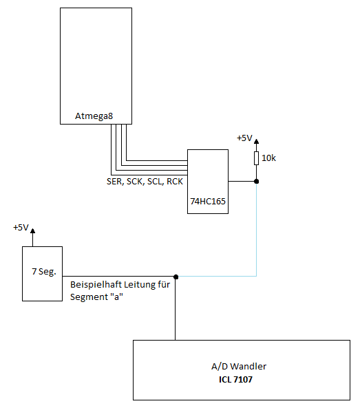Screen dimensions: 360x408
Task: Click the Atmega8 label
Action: click(94, 116)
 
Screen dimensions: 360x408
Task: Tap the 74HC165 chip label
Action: click(208, 202)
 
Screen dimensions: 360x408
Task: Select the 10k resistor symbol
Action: click(256, 158)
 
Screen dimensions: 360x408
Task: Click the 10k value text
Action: click(268, 158)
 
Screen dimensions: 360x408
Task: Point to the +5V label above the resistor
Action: click(244, 138)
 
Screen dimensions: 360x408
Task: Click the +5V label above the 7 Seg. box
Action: click(21, 228)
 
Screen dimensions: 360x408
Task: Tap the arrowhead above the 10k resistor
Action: click(256, 142)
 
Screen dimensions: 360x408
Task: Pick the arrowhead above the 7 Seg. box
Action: click(32, 230)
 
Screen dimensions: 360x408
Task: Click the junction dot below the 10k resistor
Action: click(256, 182)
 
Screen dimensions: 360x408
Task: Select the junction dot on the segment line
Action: click(176, 277)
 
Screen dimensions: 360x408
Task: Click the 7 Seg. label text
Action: click(44, 272)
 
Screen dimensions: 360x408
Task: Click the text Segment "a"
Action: click(96, 297)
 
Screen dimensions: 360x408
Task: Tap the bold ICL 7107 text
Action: click(235, 379)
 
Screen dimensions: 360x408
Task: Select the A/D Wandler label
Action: click(239, 366)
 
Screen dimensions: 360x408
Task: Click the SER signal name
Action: click(114, 182)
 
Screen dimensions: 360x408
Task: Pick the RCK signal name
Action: click(175, 182)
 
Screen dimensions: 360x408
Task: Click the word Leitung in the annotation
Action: click(140, 285)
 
